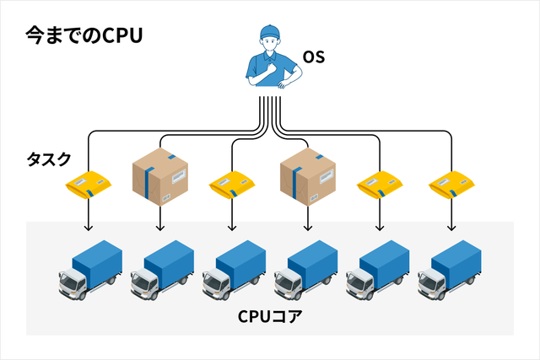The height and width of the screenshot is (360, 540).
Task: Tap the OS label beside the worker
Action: click(314, 58)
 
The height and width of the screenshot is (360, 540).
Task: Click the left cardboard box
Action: click(159, 177)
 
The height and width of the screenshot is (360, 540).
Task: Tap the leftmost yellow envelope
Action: click(88, 185)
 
